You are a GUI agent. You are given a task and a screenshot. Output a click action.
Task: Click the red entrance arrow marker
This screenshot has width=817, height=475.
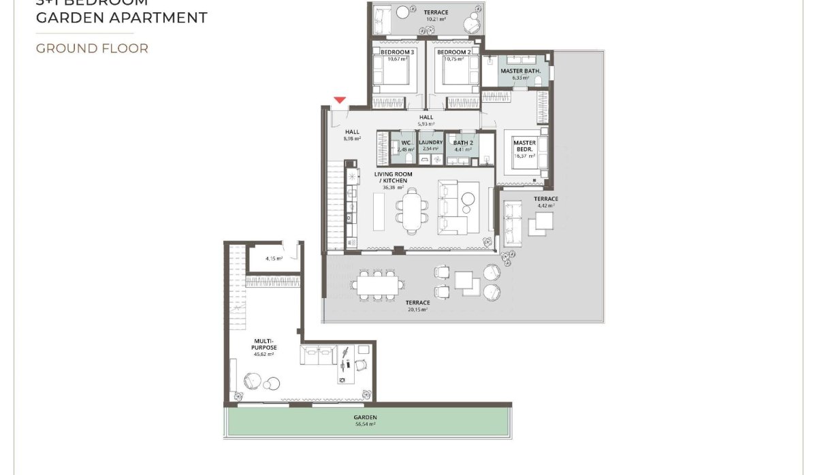click(x=340, y=101)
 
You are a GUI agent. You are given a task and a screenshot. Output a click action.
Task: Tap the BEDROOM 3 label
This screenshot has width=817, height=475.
click(x=397, y=52)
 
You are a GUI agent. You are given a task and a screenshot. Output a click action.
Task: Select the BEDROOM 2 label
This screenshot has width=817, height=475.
click(x=453, y=52)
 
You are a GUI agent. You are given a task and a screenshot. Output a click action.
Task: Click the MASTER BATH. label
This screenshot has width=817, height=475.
click(x=520, y=71)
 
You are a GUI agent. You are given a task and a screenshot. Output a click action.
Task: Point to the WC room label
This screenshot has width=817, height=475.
click(x=406, y=143)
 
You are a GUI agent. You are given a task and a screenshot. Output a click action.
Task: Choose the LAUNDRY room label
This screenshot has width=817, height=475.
click(x=431, y=143)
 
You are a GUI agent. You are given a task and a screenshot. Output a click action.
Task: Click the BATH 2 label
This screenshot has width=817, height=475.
click(x=463, y=143)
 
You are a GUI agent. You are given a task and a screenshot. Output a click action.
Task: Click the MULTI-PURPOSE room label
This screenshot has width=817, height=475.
click(x=263, y=345)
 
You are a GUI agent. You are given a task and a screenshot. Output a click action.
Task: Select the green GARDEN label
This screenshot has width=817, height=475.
click(x=365, y=417)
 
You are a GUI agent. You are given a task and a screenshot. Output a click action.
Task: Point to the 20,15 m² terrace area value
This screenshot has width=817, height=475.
click(x=417, y=310)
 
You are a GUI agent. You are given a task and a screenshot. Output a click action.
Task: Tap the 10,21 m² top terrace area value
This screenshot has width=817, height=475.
click(x=436, y=19)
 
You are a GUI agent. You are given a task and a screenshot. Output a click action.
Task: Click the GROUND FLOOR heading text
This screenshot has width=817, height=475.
click(x=92, y=48)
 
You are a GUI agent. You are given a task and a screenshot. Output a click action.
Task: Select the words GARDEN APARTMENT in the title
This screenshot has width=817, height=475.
click(x=121, y=18)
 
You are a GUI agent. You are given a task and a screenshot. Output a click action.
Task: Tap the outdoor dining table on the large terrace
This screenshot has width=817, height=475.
click(x=375, y=284)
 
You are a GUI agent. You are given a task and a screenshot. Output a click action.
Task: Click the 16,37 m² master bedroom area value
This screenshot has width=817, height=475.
click(x=524, y=156)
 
